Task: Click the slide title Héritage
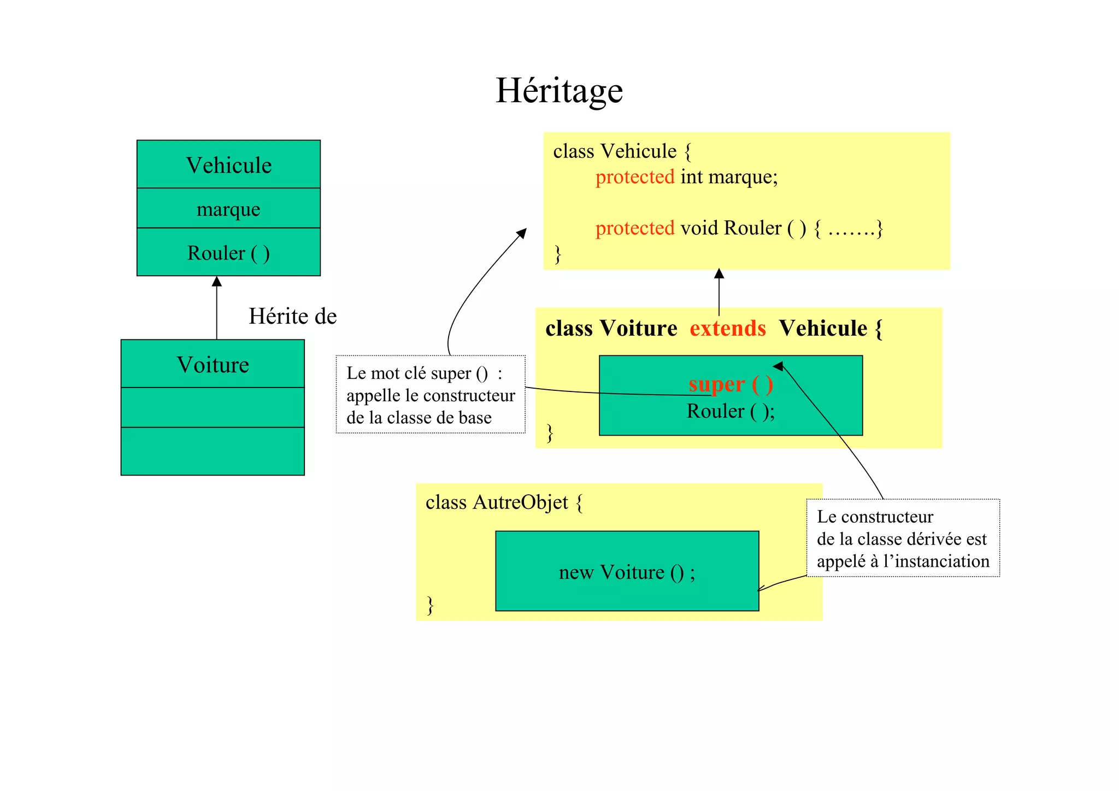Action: pyautogui.click(x=559, y=91)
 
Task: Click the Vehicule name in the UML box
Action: pyautogui.click(x=228, y=165)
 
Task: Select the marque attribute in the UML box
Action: pyautogui.click(x=228, y=209)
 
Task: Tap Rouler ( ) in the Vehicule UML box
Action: pyautogui.click(x=228, y=253)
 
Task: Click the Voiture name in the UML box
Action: pyautogui.click(x=213, y=365)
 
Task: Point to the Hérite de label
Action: pyautogui.click(x=292, y=316)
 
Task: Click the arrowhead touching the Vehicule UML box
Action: pyautogui.click(x=217, y=282)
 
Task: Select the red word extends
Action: pyautogui.click(x=727, y=329)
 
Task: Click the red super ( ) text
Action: pyautogui.click(x=731, y=384)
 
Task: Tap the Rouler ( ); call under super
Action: pyautogui.click(x=731, y=411)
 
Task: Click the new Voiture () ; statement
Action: pyautogui.click(x=627, y=572)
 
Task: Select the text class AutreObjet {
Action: pyautogui.click(x=504, y=502)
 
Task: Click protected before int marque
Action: pyautogui.click(x=635, y=177)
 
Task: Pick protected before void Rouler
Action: pyautogui.click(x=635, y=228)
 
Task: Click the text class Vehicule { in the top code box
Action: pyautogui.click(x=622, y=151)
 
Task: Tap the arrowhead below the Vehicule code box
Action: pyautogui.click(x=719, y=273)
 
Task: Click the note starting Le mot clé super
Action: pyautogui.click(x=431, y=395)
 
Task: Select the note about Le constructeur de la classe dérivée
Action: pyautogui.click(x=903, y=538)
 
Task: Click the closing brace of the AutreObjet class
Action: pyautogui.click(x=431, y=605)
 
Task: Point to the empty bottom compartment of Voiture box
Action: pyautogui.click(x=213, y=451)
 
